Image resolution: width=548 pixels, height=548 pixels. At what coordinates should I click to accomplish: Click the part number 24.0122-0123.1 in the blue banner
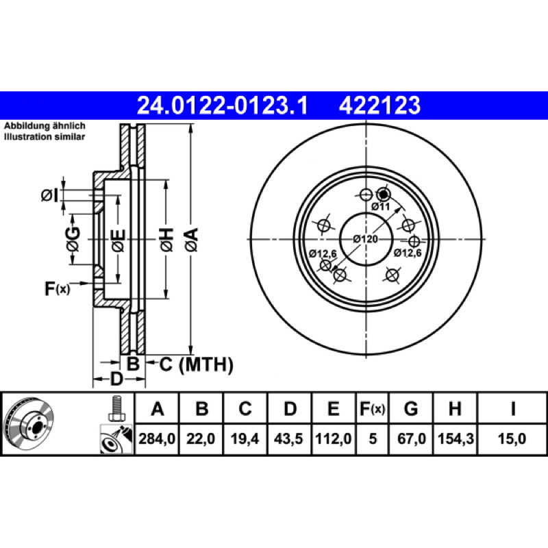[x=222, y=105]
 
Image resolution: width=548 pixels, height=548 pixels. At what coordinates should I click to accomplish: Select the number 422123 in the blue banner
[x=379, y=105]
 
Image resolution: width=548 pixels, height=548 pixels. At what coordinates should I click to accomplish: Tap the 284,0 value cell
[x=157, y=438]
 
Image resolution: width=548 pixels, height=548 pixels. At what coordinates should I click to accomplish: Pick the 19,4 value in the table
[x=245, y=438]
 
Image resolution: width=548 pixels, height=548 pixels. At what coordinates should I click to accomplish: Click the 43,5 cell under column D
[x=288, y=438]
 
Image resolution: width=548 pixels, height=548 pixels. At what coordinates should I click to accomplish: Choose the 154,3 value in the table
[x=456, y=438]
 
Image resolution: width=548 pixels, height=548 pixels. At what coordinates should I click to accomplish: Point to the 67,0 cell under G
[x=412, y=438]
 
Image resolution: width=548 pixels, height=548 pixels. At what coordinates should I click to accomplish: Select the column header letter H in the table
[x=455, y=408]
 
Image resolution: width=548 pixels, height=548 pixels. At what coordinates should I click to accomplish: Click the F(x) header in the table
[x=372, y=408]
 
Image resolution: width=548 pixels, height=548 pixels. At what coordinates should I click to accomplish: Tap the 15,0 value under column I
[x=512, y=438]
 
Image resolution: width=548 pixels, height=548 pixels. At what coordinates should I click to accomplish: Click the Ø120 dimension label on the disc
[x=365, y=239]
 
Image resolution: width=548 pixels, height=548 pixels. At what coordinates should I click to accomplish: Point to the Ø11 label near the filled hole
[x=380, y=207]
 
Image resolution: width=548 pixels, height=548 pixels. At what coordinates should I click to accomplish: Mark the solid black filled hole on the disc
[x=384, y=194]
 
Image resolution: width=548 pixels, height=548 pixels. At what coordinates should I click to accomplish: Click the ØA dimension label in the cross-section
[x=192, y=240]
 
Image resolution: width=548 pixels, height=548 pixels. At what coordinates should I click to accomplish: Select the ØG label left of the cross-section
[x=73, y=239]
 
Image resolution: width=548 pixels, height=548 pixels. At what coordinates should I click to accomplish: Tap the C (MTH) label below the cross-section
[x=196, y=365]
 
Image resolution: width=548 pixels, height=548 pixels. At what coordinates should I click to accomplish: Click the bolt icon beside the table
[x=116, y=408]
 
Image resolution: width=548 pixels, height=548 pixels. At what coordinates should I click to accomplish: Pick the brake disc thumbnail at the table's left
[x=28, y=423]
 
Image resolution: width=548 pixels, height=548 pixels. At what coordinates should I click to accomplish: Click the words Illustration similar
[x=45, y=136]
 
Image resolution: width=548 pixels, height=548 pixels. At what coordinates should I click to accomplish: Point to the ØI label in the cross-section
[x=49, y=195]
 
